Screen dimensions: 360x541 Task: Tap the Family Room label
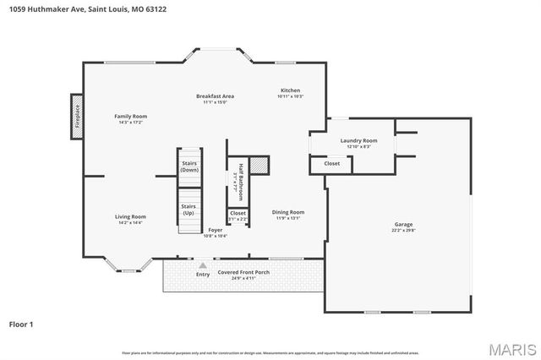(131, 119)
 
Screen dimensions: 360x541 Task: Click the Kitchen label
(290, 94)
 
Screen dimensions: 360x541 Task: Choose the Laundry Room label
(358, 144)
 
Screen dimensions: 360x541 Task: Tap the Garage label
(403, 227)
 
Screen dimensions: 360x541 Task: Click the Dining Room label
(288, 215)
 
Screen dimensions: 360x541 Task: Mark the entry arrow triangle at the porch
(203, 265)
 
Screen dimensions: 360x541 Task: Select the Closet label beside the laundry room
(332, 163)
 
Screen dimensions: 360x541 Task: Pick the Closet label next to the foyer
(238, 215)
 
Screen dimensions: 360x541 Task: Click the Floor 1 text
(20, 324)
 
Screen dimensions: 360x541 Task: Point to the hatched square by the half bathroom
(260, 163)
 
